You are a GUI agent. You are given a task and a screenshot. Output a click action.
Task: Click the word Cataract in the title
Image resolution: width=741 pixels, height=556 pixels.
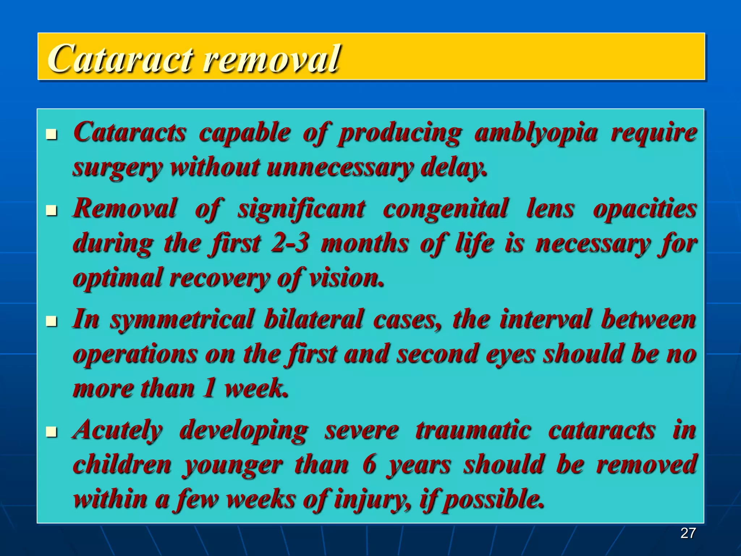point(119,58)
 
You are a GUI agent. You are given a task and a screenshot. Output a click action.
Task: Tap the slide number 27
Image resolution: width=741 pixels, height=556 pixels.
point(688,533)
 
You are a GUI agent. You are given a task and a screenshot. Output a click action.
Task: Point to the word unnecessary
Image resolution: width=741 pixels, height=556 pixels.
point(339,168)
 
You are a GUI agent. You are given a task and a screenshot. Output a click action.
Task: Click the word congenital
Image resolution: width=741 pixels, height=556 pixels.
point(445,209)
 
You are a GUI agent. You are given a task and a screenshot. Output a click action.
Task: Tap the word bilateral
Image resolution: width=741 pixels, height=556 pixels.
point(313,319)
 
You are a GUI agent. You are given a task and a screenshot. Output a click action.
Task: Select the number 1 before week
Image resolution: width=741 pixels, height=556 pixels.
point(209,388)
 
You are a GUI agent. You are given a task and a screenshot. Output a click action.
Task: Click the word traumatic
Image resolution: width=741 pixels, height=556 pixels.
point(473,430)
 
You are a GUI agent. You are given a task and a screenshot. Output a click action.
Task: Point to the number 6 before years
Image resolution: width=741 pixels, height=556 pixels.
point(369,464)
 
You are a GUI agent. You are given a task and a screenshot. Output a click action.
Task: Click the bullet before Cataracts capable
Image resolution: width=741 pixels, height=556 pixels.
point(52,135)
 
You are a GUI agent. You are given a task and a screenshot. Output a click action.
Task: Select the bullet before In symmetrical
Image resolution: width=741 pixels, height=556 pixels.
point(52,321)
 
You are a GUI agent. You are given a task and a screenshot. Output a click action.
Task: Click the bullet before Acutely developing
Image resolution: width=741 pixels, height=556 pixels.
point(52,432)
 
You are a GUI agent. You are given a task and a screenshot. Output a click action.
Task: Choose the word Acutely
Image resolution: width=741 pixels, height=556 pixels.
point(118,430)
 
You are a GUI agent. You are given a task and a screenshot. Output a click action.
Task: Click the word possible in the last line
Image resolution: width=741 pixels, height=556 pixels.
point(494,500)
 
